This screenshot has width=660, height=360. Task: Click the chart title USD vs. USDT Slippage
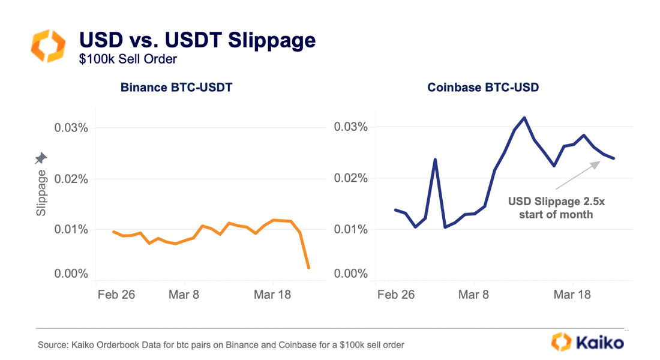tap(197, 40)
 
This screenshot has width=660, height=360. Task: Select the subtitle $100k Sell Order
tap(128, 59)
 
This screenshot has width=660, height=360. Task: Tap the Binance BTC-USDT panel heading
tap(176, 88)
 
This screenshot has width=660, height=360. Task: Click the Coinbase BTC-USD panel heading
tap(483, 88)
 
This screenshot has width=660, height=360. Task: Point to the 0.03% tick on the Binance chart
tap(71, 128)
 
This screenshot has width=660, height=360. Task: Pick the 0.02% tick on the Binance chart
tap(71, 179)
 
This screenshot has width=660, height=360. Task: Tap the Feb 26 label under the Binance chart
tap(116, 295)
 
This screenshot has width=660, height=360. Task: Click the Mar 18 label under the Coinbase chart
tap(572, 295)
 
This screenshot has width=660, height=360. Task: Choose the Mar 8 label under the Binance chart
tap(184, 295)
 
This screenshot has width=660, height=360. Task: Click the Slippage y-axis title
tap(41, 193)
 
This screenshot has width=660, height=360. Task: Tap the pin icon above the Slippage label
tap(41, 158)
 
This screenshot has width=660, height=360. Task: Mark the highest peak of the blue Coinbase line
tap(524, 118)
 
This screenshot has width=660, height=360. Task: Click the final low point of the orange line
tap(308, 268)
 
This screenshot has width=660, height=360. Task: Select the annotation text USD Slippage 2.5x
tap(556, 202)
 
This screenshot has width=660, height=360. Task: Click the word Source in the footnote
tap(50, 345)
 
